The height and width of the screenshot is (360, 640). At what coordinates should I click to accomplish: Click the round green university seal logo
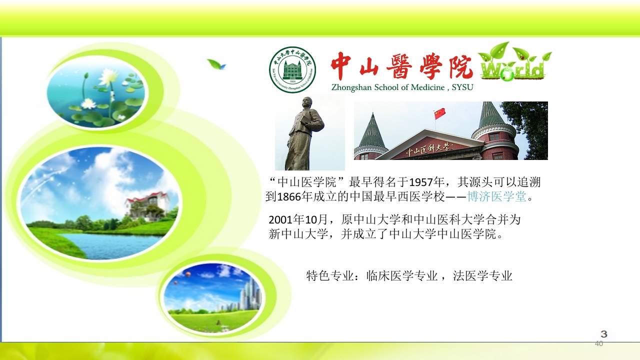[292, 69]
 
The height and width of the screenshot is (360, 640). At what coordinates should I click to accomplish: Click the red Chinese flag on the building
[440, 113]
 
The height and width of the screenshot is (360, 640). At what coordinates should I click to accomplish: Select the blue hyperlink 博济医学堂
[497, 196]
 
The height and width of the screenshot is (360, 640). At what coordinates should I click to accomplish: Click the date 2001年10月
[297, 219]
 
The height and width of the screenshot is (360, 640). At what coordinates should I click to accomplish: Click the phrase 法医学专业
[482, 275]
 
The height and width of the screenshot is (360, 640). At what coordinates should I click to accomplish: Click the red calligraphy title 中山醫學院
[401, 66]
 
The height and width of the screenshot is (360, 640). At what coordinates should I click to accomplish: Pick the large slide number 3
[603, 334]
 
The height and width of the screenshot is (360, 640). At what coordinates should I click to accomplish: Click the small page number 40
[599, 343]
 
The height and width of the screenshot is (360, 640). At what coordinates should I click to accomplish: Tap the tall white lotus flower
[108, 77]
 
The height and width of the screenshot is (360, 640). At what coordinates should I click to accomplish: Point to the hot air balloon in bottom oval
[187, 274]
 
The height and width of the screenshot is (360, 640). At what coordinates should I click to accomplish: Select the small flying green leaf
[216, 64]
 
